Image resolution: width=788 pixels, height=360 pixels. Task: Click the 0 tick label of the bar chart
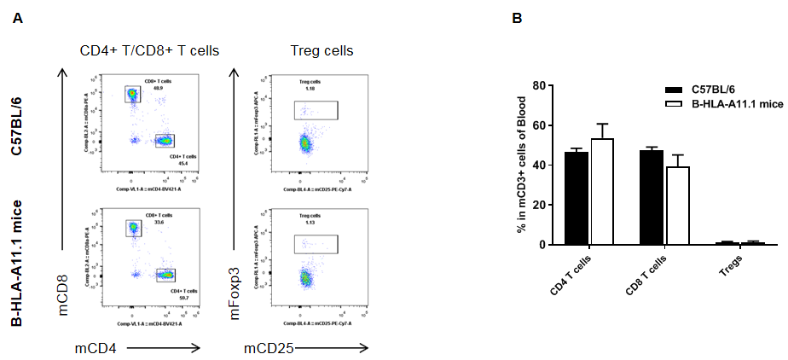click(540, 245)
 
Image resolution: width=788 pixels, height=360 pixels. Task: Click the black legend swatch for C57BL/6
click(675, 90)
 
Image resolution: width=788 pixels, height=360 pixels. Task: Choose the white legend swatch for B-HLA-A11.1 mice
click(675, 102)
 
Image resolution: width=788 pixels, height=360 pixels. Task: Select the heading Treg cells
click(317, 50)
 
